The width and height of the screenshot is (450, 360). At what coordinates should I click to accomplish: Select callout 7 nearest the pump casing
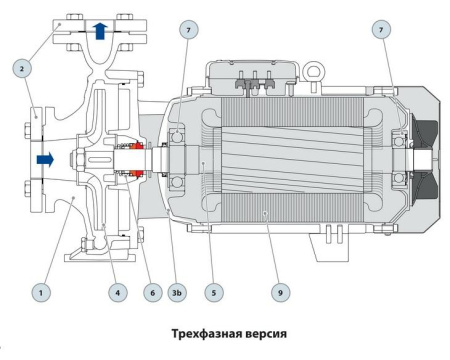coord(189,32)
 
